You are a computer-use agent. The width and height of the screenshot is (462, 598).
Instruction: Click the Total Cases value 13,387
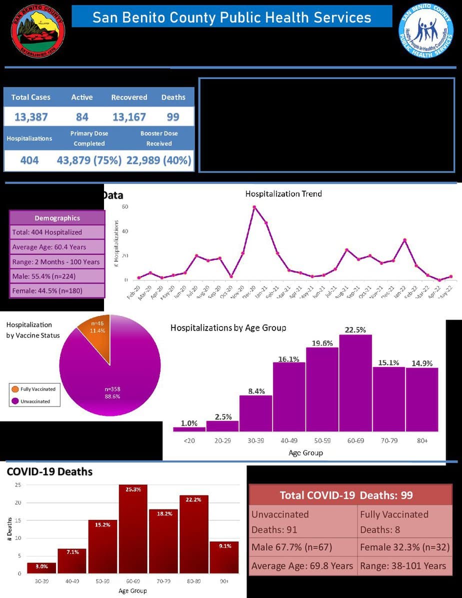point(30,117)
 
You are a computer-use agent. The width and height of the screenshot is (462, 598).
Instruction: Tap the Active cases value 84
point(82,117)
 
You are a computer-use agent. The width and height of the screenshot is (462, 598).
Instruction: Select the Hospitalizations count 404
point(29,160)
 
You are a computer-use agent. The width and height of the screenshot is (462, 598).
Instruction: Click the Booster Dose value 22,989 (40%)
point(158,160)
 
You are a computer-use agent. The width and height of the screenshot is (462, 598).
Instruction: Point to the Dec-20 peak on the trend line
point(254,207)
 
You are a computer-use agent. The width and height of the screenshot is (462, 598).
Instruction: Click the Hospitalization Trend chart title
point(283,193)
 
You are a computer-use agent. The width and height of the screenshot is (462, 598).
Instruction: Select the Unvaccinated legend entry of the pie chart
point(34,401)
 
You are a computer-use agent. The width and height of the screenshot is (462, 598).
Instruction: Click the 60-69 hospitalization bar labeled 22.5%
point(355,382)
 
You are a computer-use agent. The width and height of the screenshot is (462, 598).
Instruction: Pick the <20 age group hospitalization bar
point(189,428)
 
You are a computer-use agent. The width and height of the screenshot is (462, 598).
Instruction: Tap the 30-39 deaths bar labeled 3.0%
point(41,568)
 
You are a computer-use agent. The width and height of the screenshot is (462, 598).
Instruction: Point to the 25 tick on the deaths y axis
point(17,485)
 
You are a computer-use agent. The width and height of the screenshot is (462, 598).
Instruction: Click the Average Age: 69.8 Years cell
point(302,566)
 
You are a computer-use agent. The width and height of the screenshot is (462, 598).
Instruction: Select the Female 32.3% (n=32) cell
point(404,547)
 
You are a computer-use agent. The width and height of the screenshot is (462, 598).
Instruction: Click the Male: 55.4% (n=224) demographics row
point(57,276)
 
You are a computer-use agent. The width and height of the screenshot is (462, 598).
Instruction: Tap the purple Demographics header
point(57,218)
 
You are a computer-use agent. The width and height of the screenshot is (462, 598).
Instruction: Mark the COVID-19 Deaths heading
point(49,471)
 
